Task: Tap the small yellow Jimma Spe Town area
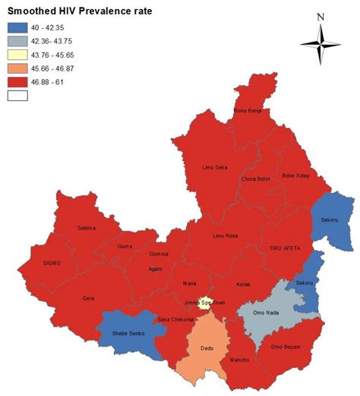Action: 203,303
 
